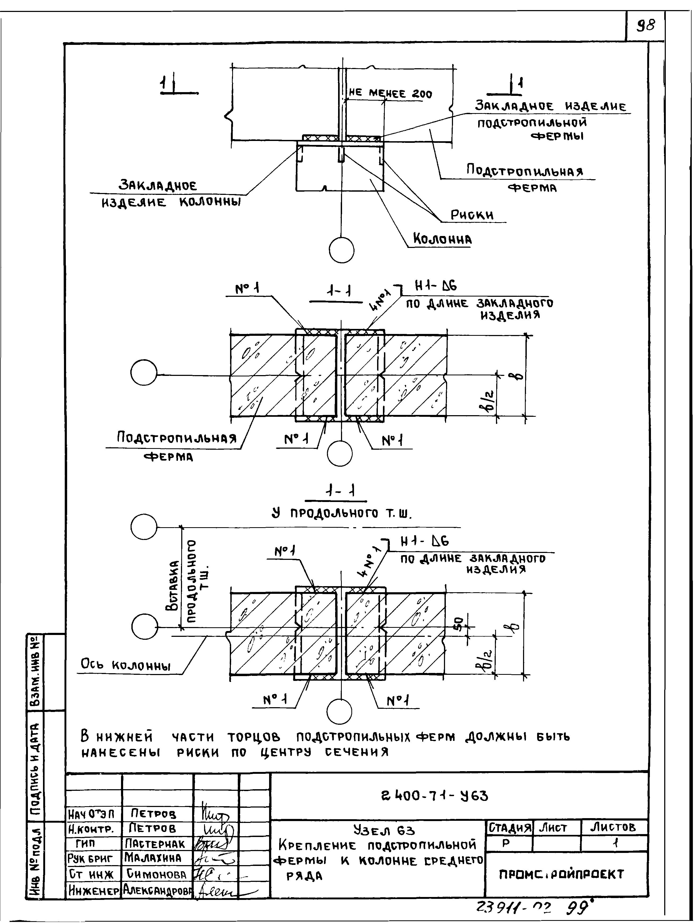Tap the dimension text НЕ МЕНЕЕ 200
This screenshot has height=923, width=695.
pyautogui.click(x=390, y=94)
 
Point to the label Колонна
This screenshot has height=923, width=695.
pyautogui.click(x=442, y=239)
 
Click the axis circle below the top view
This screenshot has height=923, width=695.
pyautogui.click(x=342, y=250)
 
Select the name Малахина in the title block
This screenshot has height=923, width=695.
pyautogui.click(x=153, y=858)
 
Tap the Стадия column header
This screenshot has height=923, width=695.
pyautogui.click(x=509, y=827)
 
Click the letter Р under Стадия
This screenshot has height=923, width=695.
pyautogui.click(x=506, y=843)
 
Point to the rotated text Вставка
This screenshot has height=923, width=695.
pyautogui.click(x=172, y=585)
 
